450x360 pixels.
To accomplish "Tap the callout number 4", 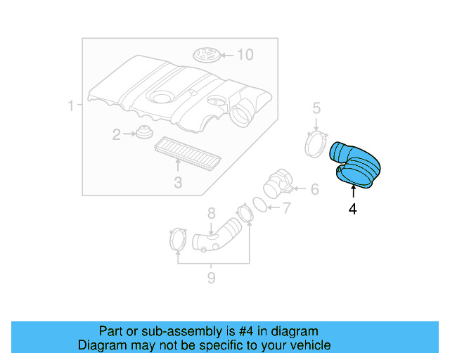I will (352, 209).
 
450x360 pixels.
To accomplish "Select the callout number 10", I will (244, 55).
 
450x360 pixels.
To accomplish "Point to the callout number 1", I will (70, 107).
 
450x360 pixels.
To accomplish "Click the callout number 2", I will (117, 133).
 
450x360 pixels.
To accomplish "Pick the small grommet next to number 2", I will (144, 132).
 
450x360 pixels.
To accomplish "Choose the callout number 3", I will (178, 183).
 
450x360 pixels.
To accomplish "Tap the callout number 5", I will (316, 108).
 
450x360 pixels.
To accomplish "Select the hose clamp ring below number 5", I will (316, 144).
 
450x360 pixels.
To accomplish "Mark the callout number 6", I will (314, 188).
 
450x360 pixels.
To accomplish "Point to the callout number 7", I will (286, 207).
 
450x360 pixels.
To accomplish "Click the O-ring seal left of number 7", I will (259, 205).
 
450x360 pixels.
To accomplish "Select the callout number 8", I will (210, 213).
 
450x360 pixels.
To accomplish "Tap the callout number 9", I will (210, 278).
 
